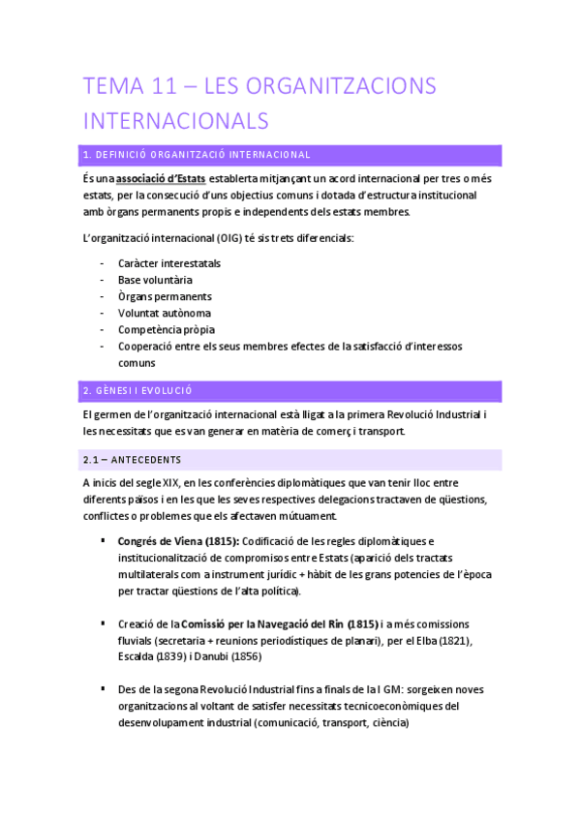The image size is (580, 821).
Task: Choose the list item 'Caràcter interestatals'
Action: [x=168, y=263]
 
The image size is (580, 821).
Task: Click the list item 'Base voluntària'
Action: [x=155, y=280]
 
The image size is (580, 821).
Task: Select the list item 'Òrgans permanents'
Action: [x=165, y=296]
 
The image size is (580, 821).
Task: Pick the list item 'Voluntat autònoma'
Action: [x=164, y=313]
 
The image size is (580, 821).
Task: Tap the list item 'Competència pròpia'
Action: [x=166, y=329]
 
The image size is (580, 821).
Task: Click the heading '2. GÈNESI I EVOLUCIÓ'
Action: [x=138, y=391]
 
